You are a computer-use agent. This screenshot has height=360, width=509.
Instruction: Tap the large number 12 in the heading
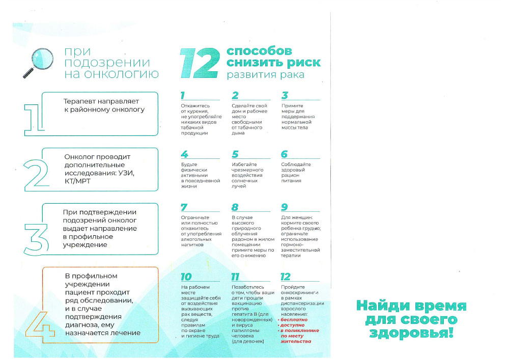(199, 64)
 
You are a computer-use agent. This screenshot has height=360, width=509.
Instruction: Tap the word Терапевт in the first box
(79, 101)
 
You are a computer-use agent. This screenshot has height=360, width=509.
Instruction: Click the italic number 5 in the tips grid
(235, 154)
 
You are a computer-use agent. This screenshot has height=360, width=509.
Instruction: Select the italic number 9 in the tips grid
(285, 207)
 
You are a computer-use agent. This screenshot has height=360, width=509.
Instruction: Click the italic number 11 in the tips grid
(235, 277)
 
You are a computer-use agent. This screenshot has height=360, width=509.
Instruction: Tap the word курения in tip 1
(194, 112)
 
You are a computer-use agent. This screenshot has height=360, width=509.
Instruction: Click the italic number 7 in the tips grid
(184, 207)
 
